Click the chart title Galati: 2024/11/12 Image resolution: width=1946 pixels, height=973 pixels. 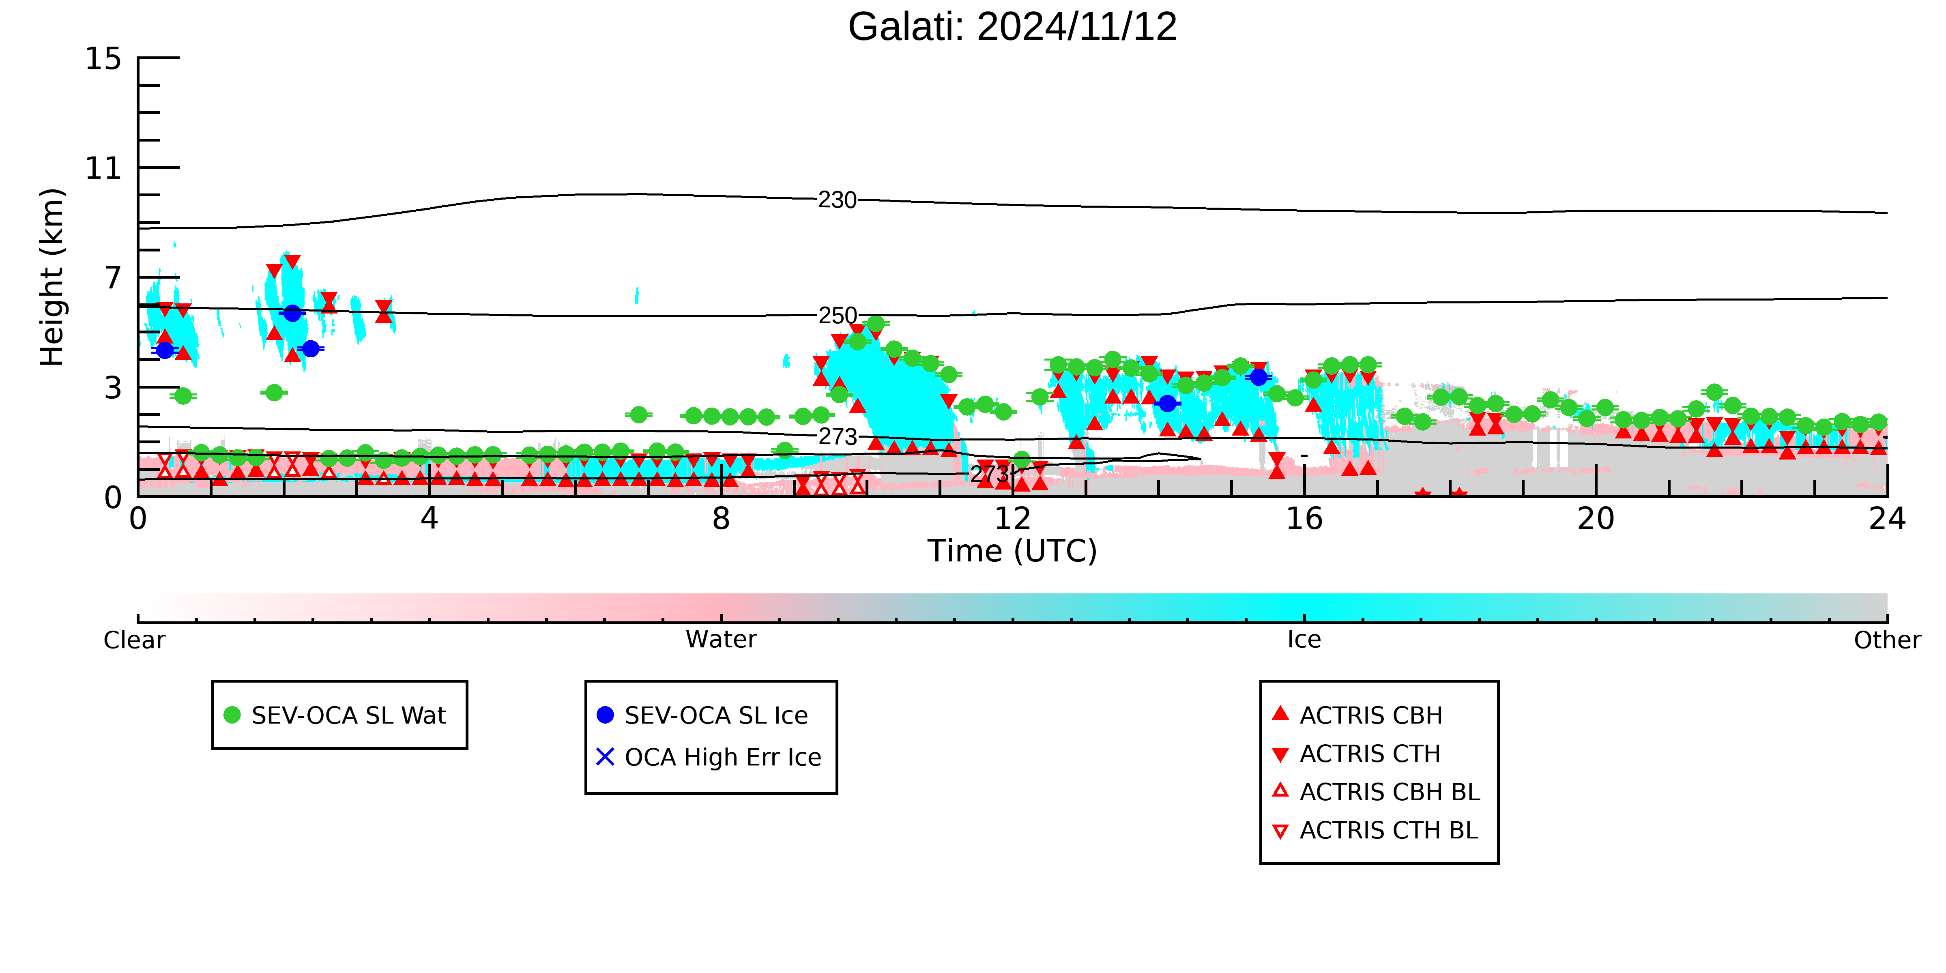(1012, 27)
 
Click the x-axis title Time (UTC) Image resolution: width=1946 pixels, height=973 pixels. (1012, 551)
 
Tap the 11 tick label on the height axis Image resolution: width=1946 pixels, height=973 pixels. (103, 168)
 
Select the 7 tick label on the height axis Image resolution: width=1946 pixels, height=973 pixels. (113, 277)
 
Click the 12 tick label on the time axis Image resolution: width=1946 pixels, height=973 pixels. (1012, 519)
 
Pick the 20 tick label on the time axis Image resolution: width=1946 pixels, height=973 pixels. (1596, 519)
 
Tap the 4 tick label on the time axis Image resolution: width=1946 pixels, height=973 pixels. (429, 519)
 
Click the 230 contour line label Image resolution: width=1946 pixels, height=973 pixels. (837, 200)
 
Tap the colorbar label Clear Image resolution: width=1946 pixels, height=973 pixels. (134, 640)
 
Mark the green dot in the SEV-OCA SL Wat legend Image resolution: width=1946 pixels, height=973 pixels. (232, 715)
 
